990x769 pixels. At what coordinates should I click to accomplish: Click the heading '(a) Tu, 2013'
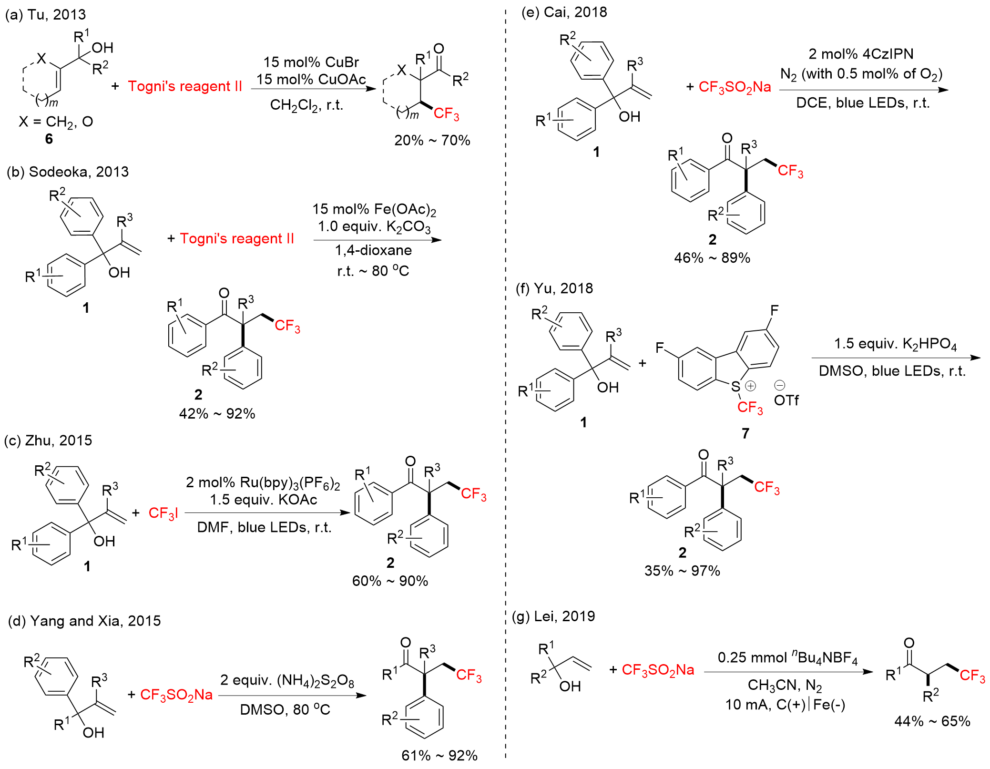(x=45, y=14)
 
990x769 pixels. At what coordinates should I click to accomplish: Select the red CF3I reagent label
(x=163, y=513)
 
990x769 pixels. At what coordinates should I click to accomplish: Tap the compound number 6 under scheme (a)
(x=49, y=139)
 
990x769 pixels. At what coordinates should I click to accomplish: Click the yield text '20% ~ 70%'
(x=432, y=140)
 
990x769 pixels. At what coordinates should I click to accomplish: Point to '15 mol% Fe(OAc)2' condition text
(x=374, y=209)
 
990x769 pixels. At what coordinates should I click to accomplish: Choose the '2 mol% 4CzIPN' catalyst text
(x=861, y=54)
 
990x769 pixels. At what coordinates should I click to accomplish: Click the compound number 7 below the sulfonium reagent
(x=745, y=433)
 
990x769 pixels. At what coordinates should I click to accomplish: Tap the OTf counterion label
(x=786, y=400)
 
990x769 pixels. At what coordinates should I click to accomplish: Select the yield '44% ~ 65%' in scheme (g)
(x=932, y=721)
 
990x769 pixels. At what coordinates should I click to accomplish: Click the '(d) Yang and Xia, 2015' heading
(x=84, y=621)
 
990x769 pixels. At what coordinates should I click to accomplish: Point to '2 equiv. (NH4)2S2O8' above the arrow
(x=287, y=680)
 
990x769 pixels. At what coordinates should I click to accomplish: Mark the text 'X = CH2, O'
(x=56, y=122)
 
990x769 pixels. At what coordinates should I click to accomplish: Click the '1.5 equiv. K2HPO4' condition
(x=895, y=344)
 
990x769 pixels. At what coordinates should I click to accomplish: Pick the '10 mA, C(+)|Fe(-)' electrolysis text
(x=785, y=704)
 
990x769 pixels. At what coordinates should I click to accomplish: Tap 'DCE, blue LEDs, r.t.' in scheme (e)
(x=863, y=103)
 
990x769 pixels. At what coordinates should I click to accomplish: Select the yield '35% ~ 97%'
(x=682, y=571)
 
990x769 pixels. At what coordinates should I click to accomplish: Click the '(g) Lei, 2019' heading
(x=553, y=616)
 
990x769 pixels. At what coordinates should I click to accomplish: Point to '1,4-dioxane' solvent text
(x=373, y=250)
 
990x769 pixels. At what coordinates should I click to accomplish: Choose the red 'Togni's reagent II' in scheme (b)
(x=237, y=238)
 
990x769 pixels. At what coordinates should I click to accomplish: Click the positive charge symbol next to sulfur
(x=751, y=385)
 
